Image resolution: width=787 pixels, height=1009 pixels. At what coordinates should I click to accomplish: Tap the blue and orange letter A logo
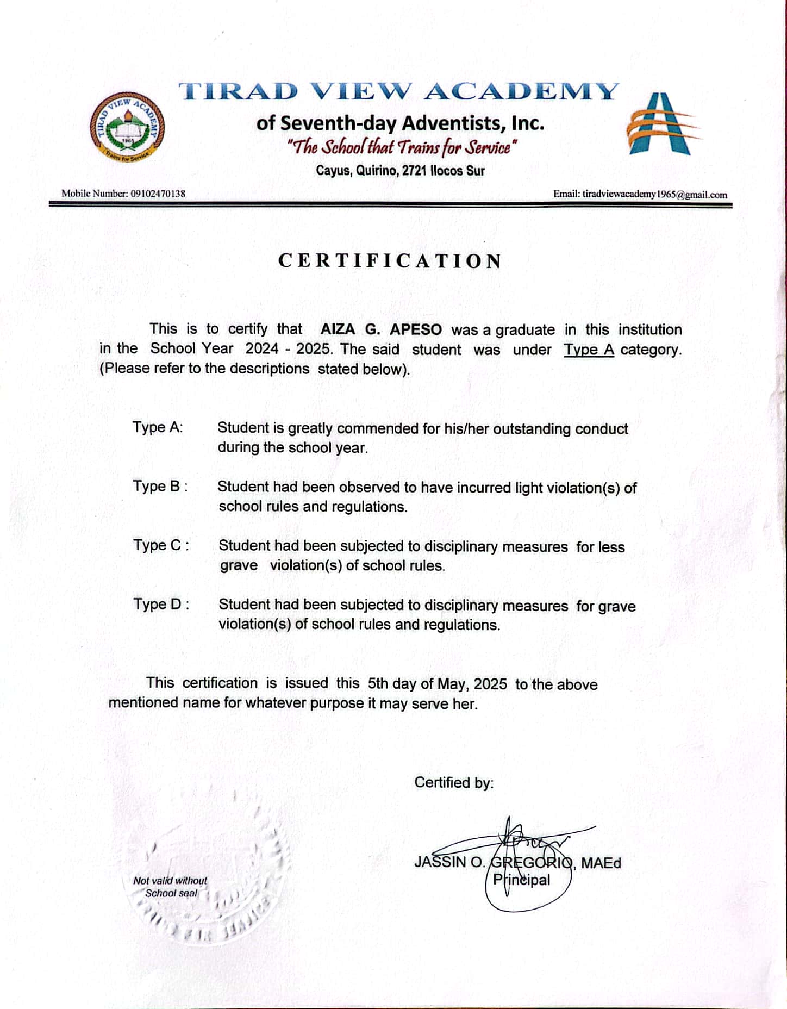(661, 124)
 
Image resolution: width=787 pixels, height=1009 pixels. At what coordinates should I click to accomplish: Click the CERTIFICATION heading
(390, 261)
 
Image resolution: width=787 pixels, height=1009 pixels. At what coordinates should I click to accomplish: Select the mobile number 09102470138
(158, 194)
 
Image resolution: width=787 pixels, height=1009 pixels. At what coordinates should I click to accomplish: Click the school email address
(654, 194)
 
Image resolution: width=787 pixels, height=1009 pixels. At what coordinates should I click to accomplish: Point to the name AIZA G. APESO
(381, 329)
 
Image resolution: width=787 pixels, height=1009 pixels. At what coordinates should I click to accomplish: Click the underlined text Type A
(589, 350)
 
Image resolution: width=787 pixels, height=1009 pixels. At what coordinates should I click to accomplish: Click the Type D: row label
(161, 604)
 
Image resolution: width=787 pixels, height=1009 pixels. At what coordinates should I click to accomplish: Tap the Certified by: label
(454, 783)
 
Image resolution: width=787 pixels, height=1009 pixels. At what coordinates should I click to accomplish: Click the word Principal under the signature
(521, 880)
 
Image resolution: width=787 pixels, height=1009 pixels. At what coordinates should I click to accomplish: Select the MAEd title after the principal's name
(601, 863)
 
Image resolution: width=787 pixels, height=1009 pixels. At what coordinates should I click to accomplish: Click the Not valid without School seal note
(170, 887)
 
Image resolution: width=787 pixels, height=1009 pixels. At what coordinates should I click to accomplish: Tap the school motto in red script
(401, 147)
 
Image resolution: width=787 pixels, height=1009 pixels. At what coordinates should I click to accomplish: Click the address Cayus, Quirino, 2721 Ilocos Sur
(400, 171)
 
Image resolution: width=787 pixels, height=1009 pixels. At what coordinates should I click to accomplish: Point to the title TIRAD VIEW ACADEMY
(399, 91)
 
